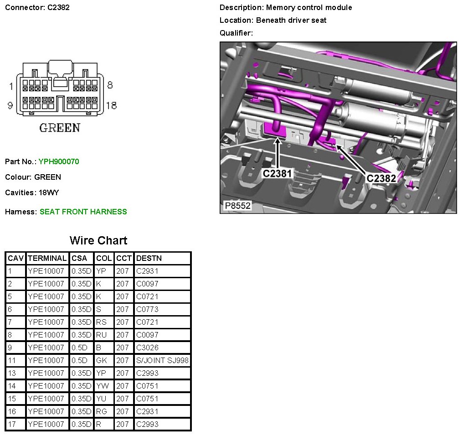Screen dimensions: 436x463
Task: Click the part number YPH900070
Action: pos(59,161)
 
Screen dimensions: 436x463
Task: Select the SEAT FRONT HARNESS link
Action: pos(83,212)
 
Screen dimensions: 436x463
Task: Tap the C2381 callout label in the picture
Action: pos(278,173)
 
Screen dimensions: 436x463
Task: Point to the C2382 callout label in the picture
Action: pos(381,178)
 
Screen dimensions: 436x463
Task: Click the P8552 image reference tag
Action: pos(237,206)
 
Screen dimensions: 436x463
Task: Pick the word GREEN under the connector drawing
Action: pos(60,128)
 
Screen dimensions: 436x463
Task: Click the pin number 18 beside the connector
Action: pos(111,105)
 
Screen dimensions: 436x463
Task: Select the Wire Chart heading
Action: pos(98,240)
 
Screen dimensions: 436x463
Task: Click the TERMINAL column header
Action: pos(47,258)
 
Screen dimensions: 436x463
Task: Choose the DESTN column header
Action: pos(149,258)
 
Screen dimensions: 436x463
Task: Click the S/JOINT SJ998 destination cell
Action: pos(162,360)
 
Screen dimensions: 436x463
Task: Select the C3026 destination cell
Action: pos(147,348)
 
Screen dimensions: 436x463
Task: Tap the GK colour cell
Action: pos(102,360)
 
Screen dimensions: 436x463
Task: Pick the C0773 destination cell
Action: pos(147,309)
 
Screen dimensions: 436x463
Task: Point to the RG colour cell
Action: pos(102,411)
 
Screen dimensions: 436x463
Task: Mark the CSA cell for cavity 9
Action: pos(80,348)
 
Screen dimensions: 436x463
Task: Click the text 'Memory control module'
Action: pos(309,8)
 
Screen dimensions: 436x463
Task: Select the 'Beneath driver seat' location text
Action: pos(291,20)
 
